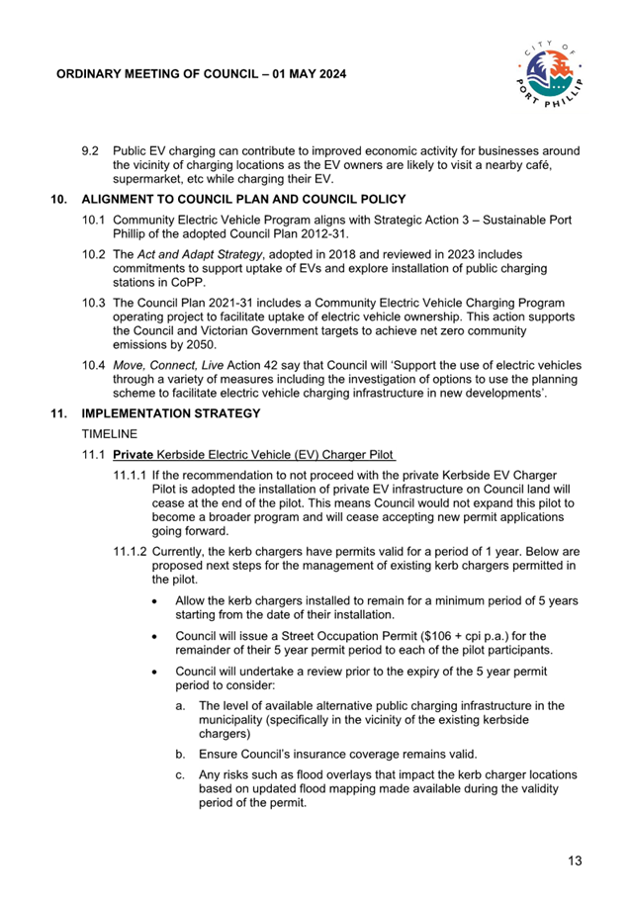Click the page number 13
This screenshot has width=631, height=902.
[x=575, y=861]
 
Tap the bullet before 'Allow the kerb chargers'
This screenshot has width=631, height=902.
[x=155, y=600]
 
